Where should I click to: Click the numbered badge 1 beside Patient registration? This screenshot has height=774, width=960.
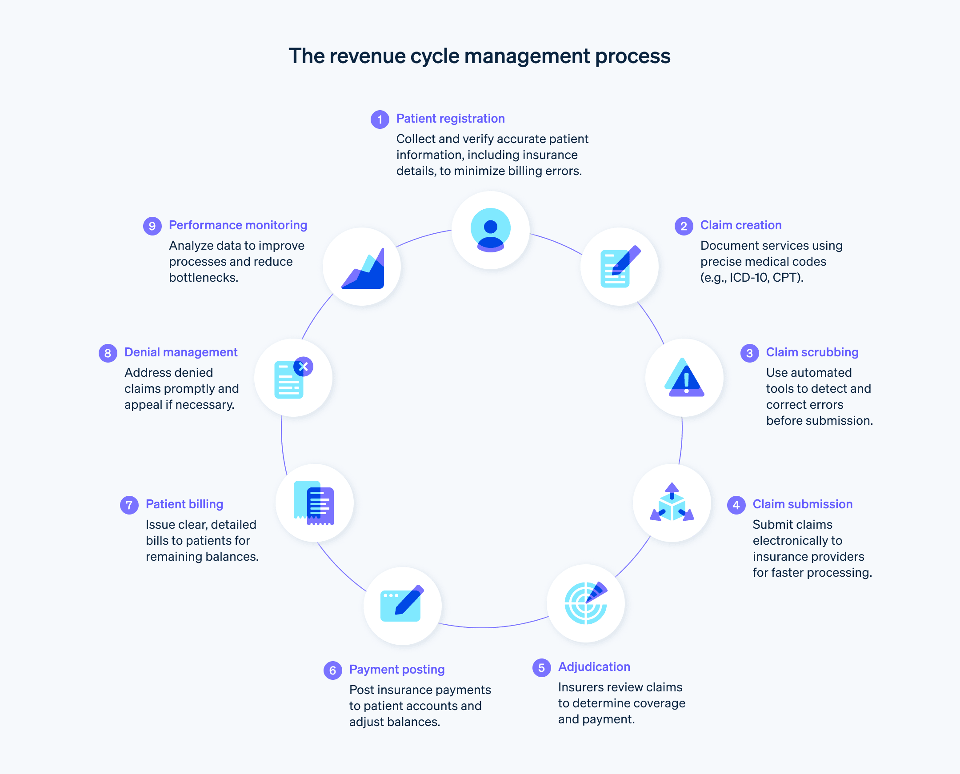click(x=380, y=120)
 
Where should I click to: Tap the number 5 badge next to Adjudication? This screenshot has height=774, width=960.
click(x=541, y=667)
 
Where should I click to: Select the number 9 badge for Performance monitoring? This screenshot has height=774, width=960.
click(x=152, y=226)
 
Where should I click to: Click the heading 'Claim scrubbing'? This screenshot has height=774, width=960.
click(x=812, y=352)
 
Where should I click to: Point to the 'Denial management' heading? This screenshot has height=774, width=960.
click(x=180, y=352)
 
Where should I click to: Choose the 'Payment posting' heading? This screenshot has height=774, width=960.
click(x=397, y=669)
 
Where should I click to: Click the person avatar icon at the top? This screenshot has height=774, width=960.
click(x=491, y=230)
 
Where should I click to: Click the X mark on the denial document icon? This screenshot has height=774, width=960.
click(x=303, y=367)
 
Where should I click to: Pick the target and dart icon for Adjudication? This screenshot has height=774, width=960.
click(x=585, y=603)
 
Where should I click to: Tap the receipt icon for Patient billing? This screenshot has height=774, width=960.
click(x=314, y=503)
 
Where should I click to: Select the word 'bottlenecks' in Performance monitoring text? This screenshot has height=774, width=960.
click(x=203, y=277)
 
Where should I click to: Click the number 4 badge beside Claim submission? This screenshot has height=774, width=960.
click(x=736, y=505)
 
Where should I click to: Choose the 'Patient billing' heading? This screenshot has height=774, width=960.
click(x=184, y=504)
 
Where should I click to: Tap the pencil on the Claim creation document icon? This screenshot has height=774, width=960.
click(x=627, y=259)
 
